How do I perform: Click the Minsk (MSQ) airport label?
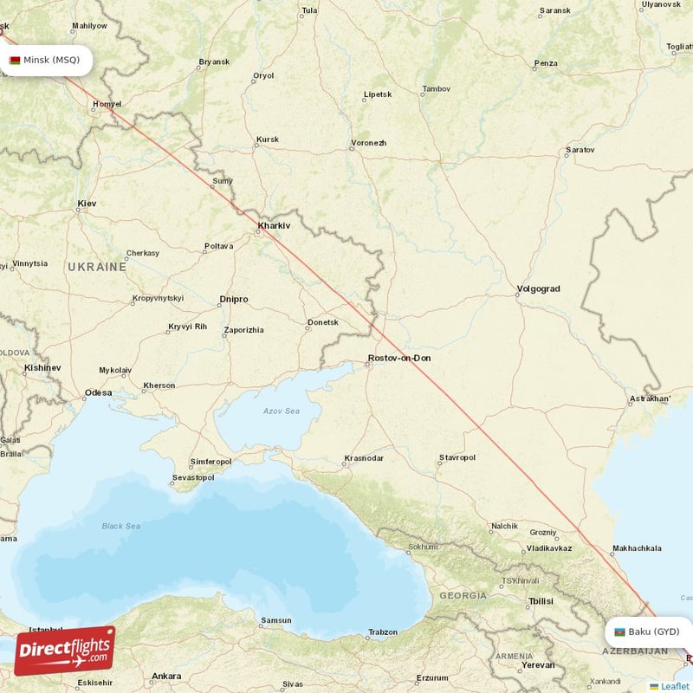(x=51, y=60)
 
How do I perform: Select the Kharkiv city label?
(x=273, y=226)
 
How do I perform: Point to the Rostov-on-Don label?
(x=398, y=358)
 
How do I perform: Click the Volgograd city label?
(x=538, y=288)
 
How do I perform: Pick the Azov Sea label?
(x=282, y=411)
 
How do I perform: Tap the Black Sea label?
(x=120, y=526)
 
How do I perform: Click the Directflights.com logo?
(x=64, y=650)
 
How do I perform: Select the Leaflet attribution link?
(x=674, y=686)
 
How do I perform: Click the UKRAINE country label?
(x=97, y=267)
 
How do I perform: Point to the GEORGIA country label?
(x=463, y=596)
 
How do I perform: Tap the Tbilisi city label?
(x=541, y=600)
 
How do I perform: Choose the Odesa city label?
(x=98, y=392)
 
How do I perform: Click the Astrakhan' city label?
(x=650, y=398)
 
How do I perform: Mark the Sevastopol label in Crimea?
(x=192, y=477)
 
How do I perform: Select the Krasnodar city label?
(x=364, y=457)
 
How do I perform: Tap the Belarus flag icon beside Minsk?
(x=15, y=61)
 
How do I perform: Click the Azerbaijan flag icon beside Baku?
(x=619, y=632)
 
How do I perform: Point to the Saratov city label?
(x=580, y=150)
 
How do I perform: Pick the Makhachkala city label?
(x=637, y=548)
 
